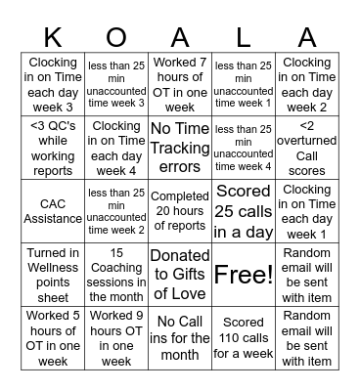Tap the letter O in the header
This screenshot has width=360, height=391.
115,36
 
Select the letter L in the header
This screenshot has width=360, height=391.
244,36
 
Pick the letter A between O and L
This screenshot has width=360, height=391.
179,36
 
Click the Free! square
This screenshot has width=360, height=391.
244,274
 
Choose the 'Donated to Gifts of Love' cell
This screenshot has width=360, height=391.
179,274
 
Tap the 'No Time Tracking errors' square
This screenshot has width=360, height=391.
179,148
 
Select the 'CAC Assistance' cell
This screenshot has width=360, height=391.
52,210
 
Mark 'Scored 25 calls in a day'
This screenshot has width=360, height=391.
244,210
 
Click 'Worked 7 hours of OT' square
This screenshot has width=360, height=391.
179,84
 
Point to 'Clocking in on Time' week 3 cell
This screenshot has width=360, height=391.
52,84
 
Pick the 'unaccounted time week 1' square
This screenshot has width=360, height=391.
244,84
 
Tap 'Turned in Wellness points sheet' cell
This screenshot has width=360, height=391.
52,274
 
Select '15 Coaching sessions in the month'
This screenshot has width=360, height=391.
115,274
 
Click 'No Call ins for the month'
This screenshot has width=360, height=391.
179,337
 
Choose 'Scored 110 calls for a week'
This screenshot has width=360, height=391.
244,337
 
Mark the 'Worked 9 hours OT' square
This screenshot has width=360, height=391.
115,337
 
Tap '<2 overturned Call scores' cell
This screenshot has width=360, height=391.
307,148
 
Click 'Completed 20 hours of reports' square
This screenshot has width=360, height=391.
179,210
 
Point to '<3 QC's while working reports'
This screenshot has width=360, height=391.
52,148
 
